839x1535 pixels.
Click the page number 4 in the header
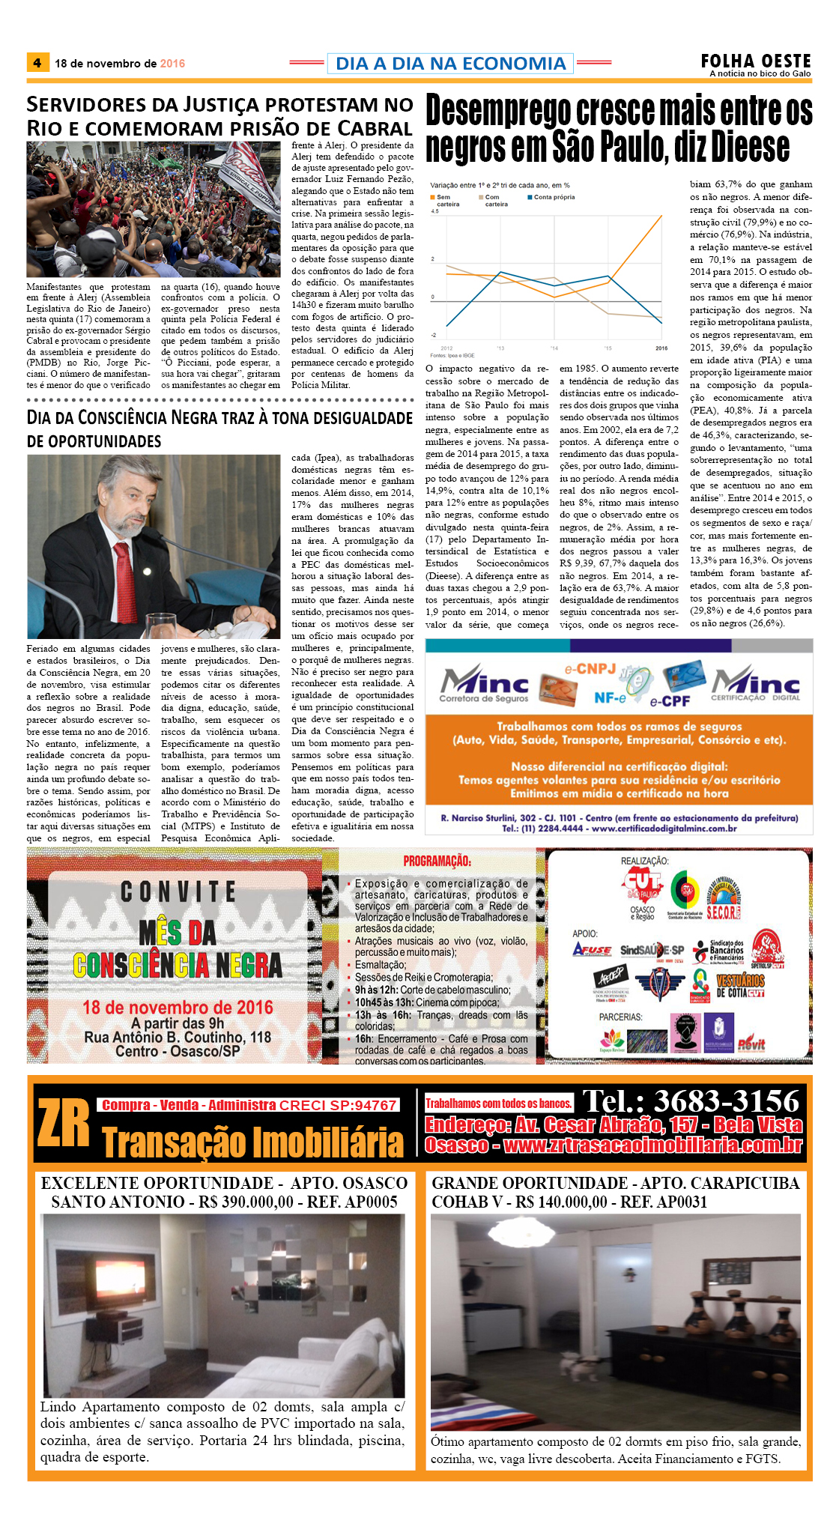(x=37, y=63)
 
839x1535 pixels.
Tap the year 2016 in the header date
(x=172, y=64)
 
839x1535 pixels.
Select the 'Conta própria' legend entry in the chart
(x=554, y=197)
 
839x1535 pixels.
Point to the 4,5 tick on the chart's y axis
(x=434, y=211)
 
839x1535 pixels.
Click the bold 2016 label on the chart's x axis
(x=661, y=348)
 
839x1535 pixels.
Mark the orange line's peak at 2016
(x=661, y=216)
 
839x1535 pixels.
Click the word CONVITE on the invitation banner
(x=178, y=891)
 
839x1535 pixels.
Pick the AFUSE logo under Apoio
(x=592, y=950)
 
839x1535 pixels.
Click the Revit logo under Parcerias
(x=751, y=1044)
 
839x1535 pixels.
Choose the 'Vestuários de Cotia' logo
(x=740, y=986)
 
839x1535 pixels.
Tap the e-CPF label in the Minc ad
(x=670, y=701)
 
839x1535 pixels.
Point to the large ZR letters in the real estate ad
(x=63, y=1124)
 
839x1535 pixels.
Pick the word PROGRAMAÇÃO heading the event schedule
(x=437, y=861)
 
